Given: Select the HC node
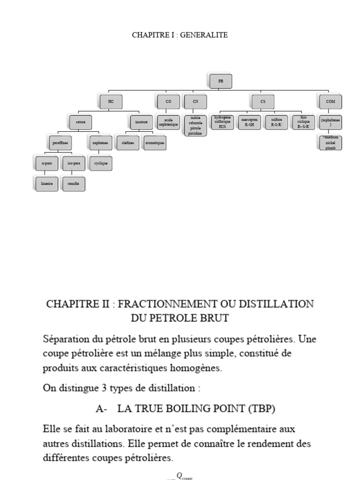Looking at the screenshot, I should (111, 101).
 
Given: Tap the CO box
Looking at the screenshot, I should (168, 101).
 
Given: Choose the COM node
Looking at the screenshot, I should (330, 101).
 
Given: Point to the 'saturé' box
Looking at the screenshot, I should (81, 122).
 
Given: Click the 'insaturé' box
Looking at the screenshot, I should (141, 122).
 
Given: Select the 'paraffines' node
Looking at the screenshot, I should (60, 142).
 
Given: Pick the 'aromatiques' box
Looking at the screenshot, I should (154, 142).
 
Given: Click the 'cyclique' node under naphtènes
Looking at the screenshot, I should (100, 164).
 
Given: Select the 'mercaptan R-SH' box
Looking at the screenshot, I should (248, 122).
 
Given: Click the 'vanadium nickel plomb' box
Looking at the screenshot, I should (330, 143).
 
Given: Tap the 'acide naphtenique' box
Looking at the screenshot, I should (168, 122).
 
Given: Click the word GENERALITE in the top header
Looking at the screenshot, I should (205, 35).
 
